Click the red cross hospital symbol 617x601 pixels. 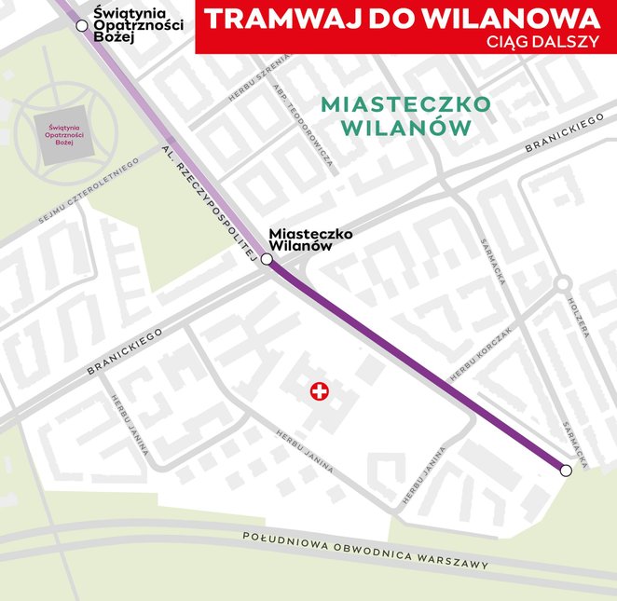[x=321, y=393]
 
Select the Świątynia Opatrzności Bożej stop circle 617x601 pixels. [x=82, y=25]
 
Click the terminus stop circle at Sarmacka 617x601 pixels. [x=566, y=471]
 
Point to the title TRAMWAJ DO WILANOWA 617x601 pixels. [x=402, y=19]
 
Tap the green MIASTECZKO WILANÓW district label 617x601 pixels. [x=404, y=116]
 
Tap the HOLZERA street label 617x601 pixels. [x=578, y=318]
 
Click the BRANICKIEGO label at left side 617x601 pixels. [x=124, y=351]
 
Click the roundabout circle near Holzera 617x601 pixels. [x=562, y=282]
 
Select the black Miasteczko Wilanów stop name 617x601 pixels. [x=310, y=240]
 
